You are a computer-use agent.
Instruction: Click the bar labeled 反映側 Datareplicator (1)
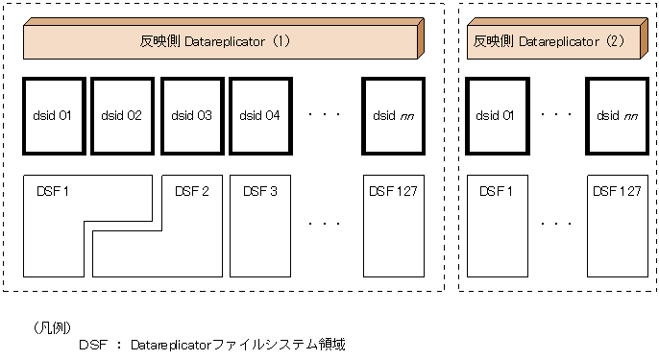point(221,43)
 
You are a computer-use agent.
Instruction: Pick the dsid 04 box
point(259,116)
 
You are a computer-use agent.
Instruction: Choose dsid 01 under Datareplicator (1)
point(52,116)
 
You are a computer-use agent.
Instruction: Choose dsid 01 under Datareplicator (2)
point(494,116)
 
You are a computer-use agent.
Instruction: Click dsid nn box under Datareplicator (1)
point(393,116)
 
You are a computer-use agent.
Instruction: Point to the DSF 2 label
point(192,191)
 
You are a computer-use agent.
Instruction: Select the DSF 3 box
point(259,226)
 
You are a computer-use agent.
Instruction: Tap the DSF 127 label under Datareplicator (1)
point(393,191)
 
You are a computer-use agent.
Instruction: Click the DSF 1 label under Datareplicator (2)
point(495,191)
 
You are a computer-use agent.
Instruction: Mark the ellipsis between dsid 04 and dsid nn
point(325,114)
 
